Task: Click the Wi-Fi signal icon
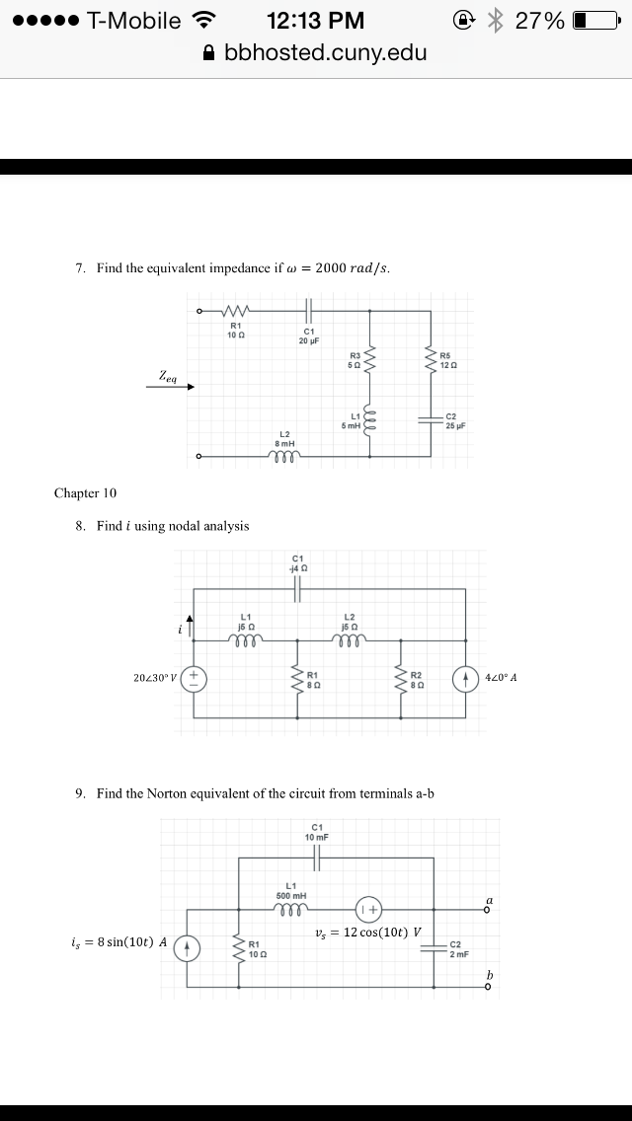[x=205, y=21]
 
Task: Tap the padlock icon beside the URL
[x=209, y=52]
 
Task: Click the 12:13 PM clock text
[x=316, y=21]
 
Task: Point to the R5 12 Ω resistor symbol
[x=431, y=360]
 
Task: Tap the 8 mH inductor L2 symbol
[x=284, y=456]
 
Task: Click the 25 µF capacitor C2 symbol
[x=431, y=419]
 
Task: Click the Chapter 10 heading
[x=85, y=493]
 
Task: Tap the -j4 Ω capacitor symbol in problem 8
[x=298, y=589]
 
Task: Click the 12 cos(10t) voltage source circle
[x=368, y=910]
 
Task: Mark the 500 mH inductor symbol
[x=291, y=910]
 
